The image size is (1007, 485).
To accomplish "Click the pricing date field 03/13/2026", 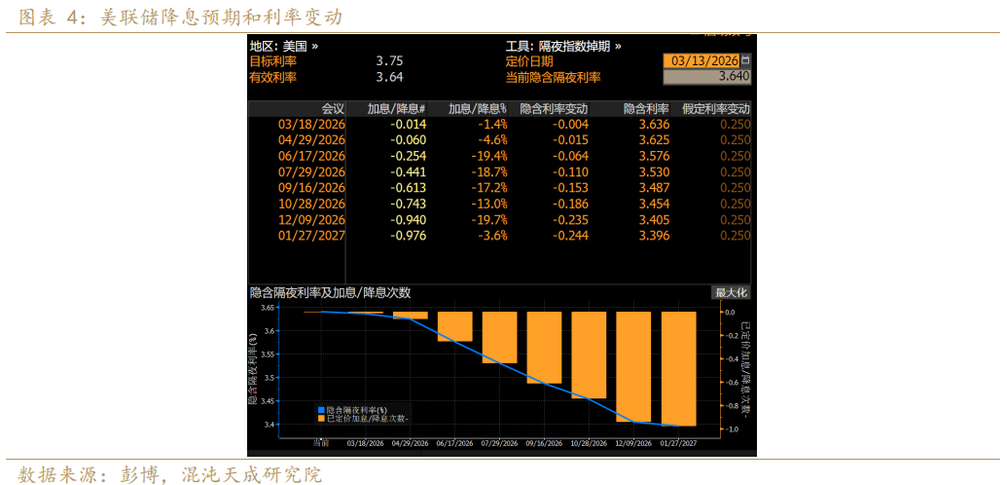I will pos(701,60).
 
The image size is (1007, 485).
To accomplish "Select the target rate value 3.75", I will pos(389,60).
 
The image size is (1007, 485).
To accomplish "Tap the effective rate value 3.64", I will pos(389,77).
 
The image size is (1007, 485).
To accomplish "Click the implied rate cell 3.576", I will pos(653,156).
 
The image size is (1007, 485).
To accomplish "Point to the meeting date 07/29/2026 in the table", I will pos(311,171).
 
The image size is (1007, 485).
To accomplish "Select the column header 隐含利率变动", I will pos(554,109).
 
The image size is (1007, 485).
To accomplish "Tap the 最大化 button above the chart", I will pos(731,292).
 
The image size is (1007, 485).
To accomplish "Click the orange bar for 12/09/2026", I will pos(632,366).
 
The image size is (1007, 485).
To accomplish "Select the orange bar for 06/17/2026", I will pos(454,326).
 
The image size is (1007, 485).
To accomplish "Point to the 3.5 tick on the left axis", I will pos(269,378).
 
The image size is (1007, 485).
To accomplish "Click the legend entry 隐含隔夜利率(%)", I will pos(357,410).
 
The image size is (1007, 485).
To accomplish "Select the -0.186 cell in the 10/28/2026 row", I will pos(571,204).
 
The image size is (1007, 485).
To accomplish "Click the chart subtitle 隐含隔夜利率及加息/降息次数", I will pos(330,292).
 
